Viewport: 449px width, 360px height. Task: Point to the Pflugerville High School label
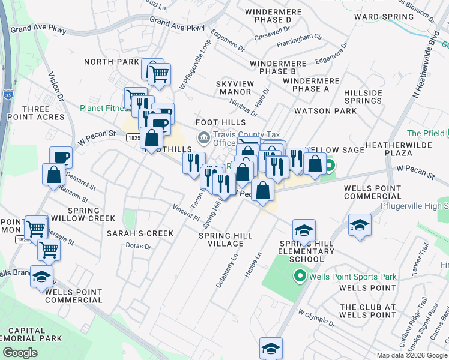coord(414,206)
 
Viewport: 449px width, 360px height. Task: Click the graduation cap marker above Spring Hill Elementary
coord(304,230)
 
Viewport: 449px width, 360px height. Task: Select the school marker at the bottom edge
coord(271,349)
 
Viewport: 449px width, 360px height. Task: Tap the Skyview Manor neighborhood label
coord(235,87)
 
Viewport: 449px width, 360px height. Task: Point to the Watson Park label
coord(317,111)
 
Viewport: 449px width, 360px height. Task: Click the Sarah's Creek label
coord(140,233)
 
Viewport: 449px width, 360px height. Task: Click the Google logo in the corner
coord(20,352)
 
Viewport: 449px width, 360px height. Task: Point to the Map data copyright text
coord(412,355)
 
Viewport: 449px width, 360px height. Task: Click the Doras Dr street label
coord(138,245)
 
